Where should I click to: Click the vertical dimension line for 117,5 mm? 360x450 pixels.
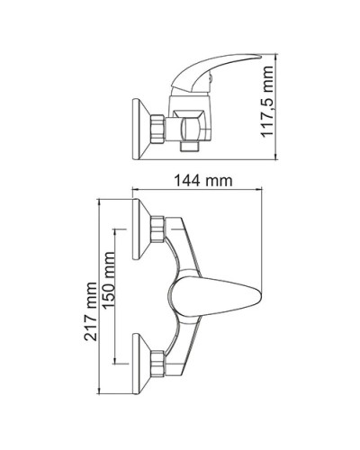point(274,105)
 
